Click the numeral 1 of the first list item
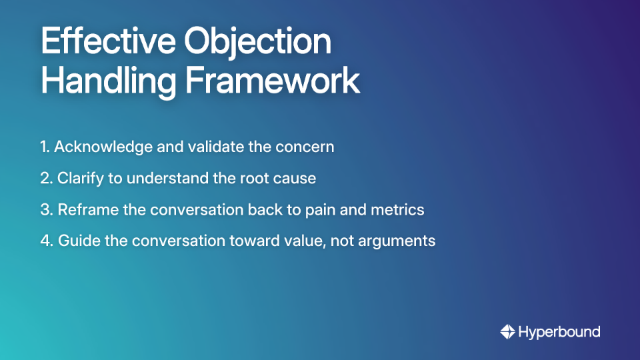(43, 147)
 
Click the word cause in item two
(297, 179)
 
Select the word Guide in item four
(76, 241)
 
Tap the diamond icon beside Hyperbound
(507, 331)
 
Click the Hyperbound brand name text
(559, 331)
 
